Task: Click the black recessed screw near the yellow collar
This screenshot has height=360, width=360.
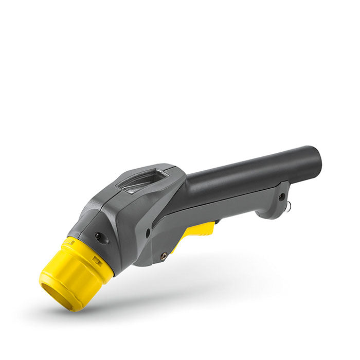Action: (98, 236)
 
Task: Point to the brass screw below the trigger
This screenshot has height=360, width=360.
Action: (164, 256)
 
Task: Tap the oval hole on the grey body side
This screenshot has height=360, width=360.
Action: (148, 232)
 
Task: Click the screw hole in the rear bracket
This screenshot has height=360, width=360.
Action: (281, 196)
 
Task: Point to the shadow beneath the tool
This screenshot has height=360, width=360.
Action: (170, 293)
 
